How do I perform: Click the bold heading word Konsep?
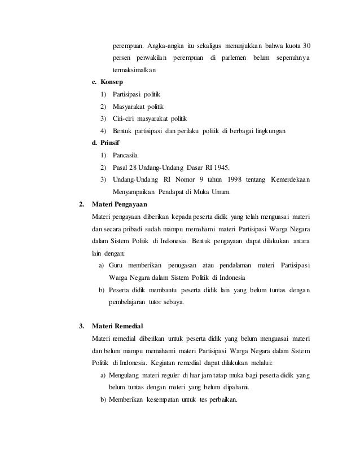click(x=112, y=83)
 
